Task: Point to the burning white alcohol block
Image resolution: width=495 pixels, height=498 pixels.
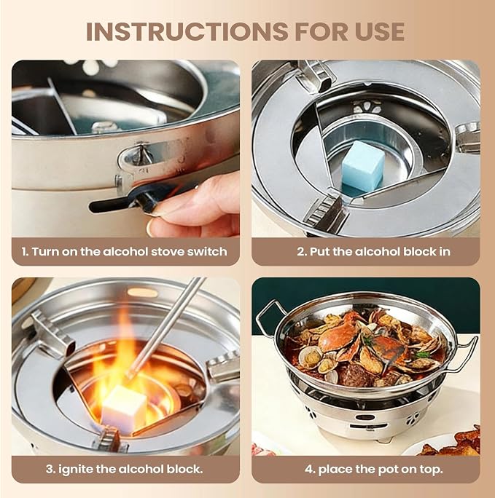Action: coord(125,409)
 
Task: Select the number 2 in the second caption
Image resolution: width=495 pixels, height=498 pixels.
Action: coord(301,252)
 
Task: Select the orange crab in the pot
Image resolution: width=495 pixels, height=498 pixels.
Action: coord(339,333)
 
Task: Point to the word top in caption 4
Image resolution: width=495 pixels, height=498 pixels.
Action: coord(430,470)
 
